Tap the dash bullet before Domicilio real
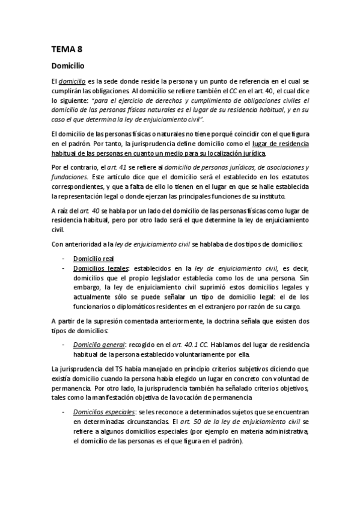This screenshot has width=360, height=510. pyautogui.click(x=64, y=259)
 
